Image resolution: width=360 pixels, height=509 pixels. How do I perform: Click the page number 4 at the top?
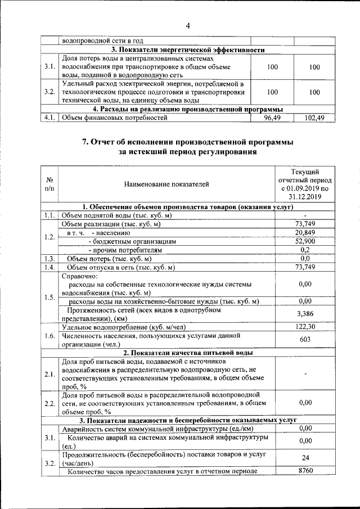coord(188,25)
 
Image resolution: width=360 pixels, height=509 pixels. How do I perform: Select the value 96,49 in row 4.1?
coord(272,118)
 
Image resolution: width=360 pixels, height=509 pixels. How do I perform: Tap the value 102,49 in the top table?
coord(314,118)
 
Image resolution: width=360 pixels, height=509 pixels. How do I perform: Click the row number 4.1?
coord(49,118)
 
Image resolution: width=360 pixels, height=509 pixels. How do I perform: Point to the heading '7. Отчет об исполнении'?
coord(188,142)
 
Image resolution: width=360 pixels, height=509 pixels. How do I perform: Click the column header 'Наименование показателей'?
coord(168,184)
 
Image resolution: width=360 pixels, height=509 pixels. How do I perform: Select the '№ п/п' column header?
coord(49,184)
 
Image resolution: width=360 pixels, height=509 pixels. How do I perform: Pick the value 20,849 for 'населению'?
coord(305,232)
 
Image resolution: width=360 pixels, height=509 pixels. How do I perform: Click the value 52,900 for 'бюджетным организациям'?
coord(305,241)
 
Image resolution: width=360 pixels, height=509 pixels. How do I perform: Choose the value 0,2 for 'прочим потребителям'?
coord(305,249)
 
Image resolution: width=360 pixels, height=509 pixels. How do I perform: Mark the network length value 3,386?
coord(305,313)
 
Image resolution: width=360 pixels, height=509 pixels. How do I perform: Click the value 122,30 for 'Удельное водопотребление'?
coord(305,326)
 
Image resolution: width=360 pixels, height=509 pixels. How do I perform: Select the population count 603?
coord(305,339)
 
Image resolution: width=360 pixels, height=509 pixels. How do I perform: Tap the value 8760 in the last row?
coord(305,471)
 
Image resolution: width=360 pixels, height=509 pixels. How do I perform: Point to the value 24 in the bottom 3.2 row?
coord(305,458)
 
